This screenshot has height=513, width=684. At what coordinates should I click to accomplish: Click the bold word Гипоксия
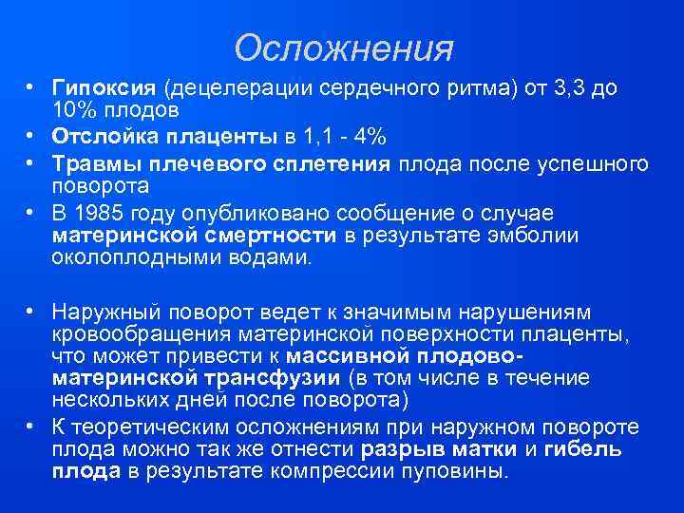(104, 89)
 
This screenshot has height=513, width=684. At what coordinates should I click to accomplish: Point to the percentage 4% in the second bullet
(372, 133)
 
